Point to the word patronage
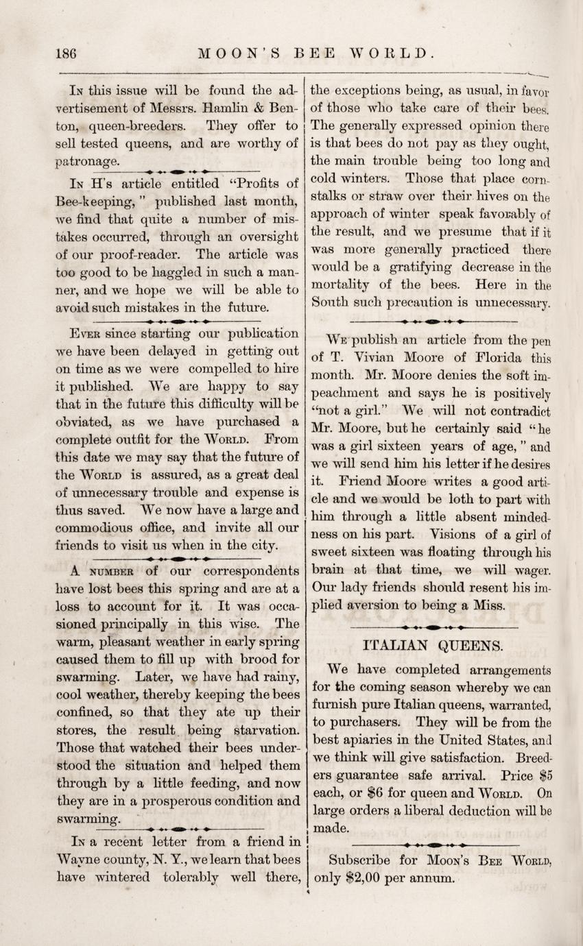[87, 162]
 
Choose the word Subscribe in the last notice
[359, 860]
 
